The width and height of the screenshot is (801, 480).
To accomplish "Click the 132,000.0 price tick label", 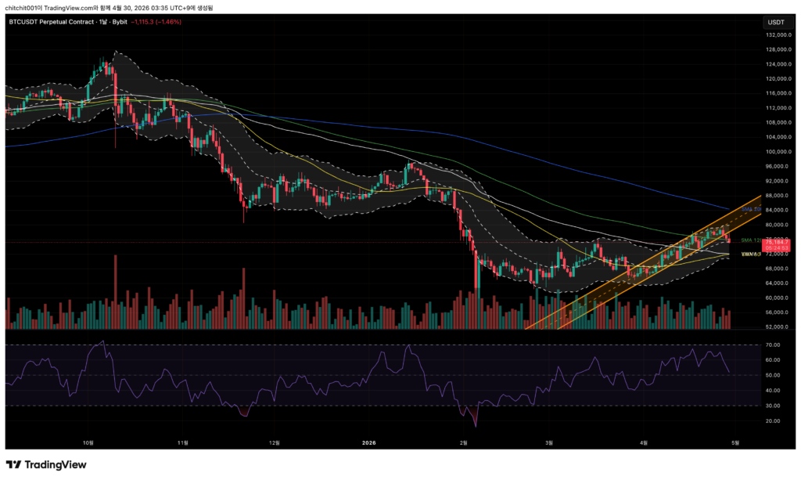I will coord(777,35).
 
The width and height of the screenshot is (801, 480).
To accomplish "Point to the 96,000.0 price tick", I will coord(776,166).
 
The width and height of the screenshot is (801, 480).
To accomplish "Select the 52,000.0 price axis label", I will coord(776,327).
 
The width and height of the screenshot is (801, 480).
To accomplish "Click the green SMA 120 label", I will coord(752,240).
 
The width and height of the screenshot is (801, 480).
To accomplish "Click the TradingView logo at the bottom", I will coord(46,464).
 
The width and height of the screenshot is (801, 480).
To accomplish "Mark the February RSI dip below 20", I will coord(475,424).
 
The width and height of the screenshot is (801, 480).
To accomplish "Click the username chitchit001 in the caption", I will coord(23,6).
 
